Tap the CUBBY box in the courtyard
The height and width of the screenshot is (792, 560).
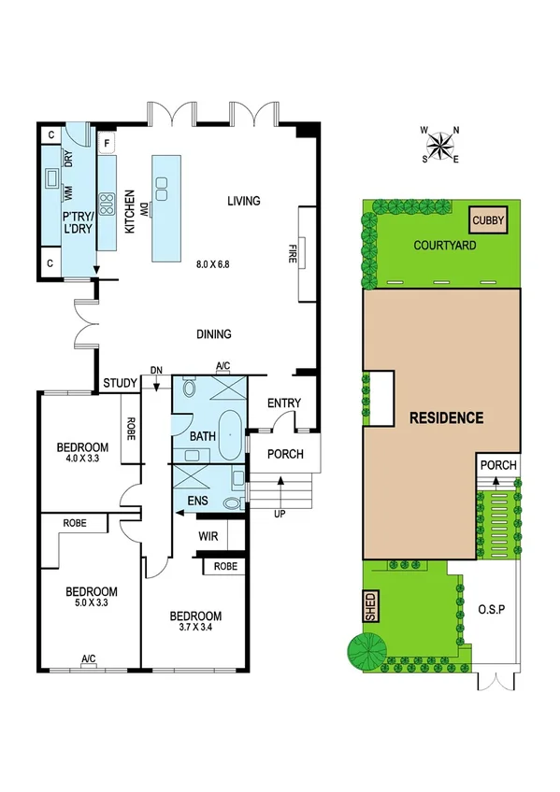click(x=488, y=221)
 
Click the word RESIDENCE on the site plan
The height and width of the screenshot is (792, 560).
click(x=447, y=417)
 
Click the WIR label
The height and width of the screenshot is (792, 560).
click(x=208, y=536)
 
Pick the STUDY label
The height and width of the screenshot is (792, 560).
click(x=121, y=382)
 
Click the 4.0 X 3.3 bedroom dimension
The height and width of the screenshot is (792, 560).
click(x=82, y=460)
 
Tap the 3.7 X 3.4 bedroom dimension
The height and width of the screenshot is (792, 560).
click(x=194, y=629)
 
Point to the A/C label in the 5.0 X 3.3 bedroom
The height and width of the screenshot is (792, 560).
click(x=89, y=660)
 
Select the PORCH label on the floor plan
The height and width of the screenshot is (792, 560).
click(x=284, y=455)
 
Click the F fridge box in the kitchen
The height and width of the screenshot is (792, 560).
click(x=108, y=145)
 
